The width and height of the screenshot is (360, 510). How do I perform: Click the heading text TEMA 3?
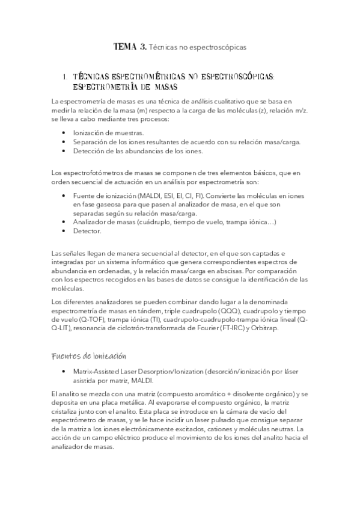[130, 46]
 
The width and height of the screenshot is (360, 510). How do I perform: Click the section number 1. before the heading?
[64, 77]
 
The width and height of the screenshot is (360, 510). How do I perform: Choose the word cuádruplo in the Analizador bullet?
[172, 223]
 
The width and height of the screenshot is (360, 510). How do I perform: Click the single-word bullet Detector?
[87, 232]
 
